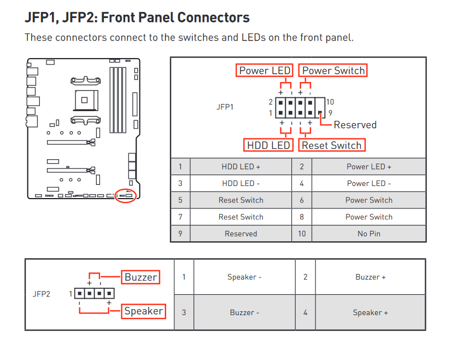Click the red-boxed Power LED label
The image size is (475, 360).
click(265, 71)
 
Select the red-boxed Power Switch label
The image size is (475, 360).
click(333, 71)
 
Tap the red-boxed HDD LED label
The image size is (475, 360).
click(268, 145)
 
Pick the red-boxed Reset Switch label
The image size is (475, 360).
click(331, 145)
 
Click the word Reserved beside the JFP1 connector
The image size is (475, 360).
click(355, 125)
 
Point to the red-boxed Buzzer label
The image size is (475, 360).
click(140, 277)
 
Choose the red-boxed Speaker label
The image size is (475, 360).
click(143, 311)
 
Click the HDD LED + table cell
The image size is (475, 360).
click(241, 167)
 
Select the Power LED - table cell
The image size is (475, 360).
click(369, 184)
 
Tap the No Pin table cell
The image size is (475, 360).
click(369, 234)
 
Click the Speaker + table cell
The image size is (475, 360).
click(370, 312)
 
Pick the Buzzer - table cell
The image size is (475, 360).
click(244, 312)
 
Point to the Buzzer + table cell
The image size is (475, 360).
click(370, 277)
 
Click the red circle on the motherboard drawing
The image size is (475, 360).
click(126, 195)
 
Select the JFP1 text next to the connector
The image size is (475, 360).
click(225, 107)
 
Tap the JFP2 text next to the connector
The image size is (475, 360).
click(42, 294)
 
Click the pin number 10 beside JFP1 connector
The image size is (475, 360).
click(330, 102)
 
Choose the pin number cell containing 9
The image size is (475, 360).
click(180, 234)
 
